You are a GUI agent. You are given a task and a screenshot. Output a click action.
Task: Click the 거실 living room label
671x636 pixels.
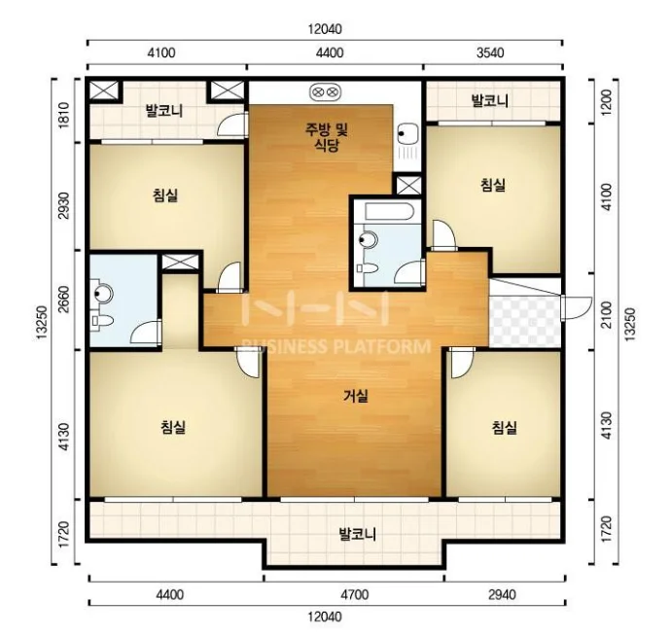tap(356, 396)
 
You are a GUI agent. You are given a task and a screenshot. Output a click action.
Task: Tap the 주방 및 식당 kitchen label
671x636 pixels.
tap(327, 137)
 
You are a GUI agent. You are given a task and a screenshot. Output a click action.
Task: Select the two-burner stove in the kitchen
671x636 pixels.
tap(325, 92)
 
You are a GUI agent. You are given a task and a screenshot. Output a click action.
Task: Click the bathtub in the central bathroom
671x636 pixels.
tap(389, 212)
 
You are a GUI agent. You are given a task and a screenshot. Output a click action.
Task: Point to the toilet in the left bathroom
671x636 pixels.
tap(102, 320)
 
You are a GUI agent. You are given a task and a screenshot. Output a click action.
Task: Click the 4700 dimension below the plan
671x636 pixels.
tap(355, 594)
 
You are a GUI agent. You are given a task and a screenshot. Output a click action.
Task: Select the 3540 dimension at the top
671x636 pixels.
tap(490, 53)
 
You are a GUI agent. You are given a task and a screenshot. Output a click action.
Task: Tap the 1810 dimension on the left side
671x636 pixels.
tap(63, 115)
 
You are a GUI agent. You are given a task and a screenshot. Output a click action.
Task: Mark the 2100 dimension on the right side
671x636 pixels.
tap(607, 314)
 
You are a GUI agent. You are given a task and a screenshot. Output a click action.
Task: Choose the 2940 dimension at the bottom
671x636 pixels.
tap(502, 594)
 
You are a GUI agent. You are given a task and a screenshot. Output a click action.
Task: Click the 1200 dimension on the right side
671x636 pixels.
tap(607, 102)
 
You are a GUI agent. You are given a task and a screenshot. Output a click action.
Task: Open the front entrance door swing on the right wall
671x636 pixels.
tap(577, 307)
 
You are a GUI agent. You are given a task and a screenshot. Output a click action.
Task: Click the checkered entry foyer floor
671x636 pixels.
tap(525, 320)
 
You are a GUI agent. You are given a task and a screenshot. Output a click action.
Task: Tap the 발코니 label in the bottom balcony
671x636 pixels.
tap(357, 534)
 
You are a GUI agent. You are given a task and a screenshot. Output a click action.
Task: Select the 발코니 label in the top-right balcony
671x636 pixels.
tap(489, 100)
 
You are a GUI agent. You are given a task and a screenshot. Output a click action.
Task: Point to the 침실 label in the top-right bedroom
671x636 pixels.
tap(493, 185)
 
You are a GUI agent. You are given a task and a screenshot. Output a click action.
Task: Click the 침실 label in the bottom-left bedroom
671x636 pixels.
tap(173, 427)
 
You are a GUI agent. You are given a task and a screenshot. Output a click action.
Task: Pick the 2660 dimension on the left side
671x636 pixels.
tap(63, 300)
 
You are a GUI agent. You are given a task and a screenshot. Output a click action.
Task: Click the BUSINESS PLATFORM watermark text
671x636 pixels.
tap(336, 346)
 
